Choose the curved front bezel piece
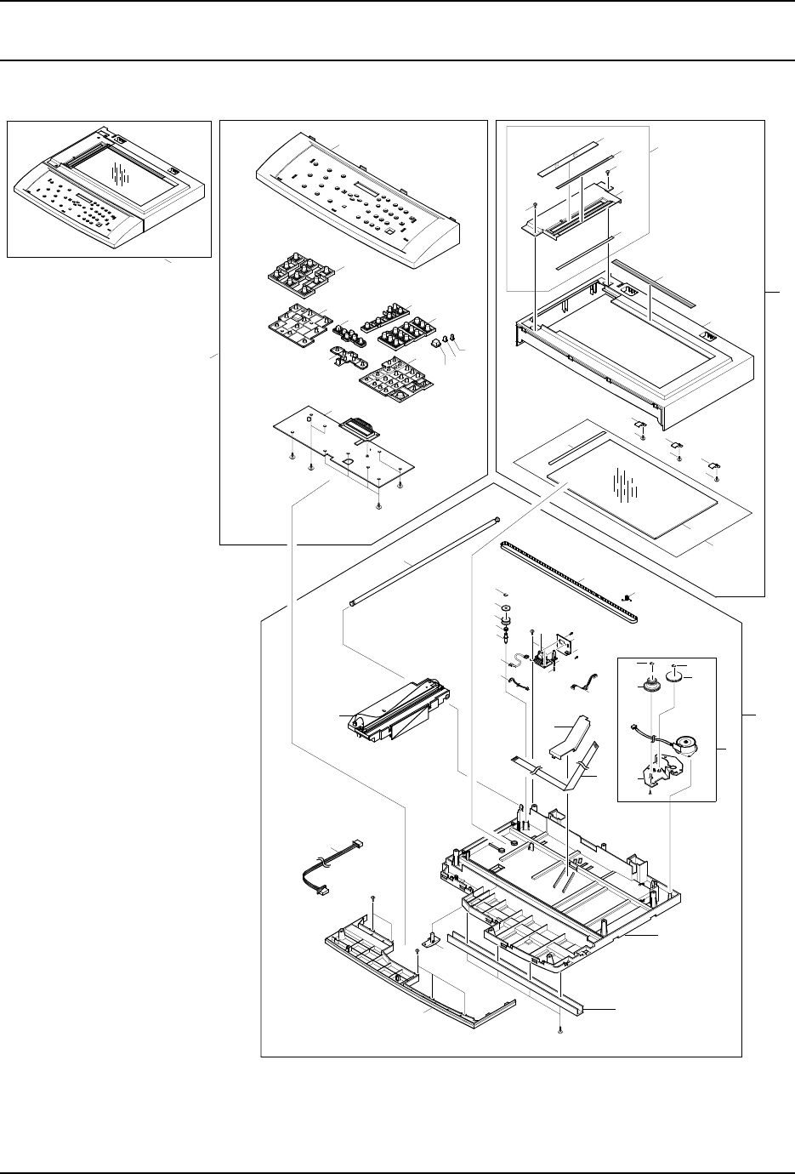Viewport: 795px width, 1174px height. pos(417,978)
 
